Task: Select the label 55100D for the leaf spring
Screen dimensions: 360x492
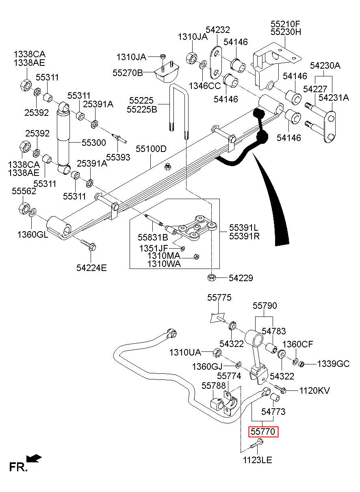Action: [x=151, y=149]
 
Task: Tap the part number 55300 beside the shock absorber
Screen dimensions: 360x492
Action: [x=94, y=143]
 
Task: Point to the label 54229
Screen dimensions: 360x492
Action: [x=241, y=278]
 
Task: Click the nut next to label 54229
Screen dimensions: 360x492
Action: [x=211, y=277]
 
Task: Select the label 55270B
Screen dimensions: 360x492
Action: [x=128, y=73]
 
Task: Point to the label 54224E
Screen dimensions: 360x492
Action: [x=91, y=268]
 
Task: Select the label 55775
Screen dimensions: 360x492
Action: [x=219, y=298]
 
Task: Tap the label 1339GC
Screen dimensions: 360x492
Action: [x=333, y=364]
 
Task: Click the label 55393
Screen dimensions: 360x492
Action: [x=118, y=157]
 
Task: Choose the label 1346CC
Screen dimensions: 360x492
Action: [x=205, y=86]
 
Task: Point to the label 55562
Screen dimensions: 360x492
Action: [x=24, y=191]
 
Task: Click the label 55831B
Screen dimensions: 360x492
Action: [x=153, y=237]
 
